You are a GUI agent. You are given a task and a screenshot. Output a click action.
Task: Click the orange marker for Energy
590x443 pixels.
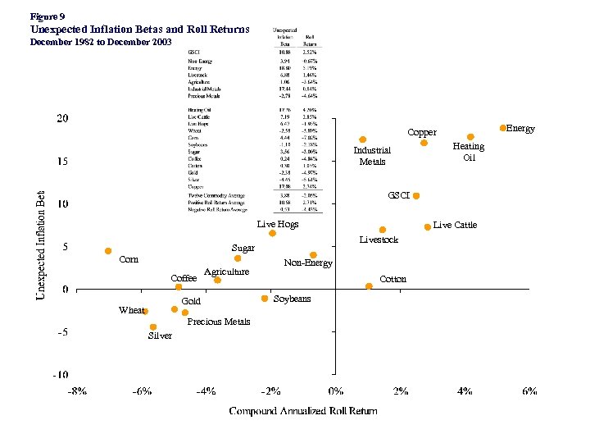tap(503, 128)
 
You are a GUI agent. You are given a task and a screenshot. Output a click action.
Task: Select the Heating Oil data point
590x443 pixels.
tap(470, 137)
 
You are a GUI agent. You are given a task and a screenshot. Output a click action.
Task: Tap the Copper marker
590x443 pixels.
tap(424, 143)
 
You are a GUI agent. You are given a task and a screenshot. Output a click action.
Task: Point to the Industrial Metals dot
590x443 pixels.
tap(362, 139)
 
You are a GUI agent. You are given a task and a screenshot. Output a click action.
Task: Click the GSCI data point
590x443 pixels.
tap(416, 196)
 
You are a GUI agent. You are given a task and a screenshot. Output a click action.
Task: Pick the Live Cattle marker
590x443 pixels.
tap(428, 226)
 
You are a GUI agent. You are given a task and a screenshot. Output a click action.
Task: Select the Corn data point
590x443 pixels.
tap(108, 251)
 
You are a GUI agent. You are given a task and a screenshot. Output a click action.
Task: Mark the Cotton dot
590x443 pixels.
tap(369, 286)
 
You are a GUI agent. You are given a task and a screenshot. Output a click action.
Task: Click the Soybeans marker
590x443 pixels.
tap(265, 299)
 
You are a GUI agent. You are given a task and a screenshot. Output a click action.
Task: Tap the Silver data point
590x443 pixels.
tap(153, 327)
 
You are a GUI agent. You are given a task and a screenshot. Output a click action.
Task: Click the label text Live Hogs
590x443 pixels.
tap(278, 224)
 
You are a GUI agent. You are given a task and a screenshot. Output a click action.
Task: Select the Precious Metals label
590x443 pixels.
tap(219, 322)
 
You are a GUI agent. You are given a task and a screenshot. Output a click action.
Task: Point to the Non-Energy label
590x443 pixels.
tap(308, 263)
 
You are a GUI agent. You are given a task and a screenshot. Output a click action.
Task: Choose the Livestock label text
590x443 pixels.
tap(379, 240)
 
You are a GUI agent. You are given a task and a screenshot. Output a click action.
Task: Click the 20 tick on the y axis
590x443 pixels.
tap(62, 118)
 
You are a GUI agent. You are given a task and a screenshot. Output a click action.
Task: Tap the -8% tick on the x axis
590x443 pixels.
tap(77, 391)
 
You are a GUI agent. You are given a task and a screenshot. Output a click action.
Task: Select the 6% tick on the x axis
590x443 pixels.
tap(529, 391)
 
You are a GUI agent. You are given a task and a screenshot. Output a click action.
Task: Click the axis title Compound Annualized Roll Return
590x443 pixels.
tap(303, 410)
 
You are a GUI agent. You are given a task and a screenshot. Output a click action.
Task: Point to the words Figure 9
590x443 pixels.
tap(47, 16)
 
